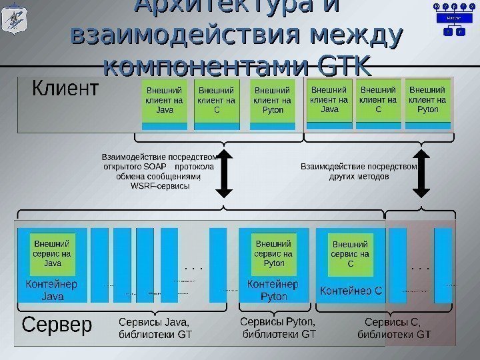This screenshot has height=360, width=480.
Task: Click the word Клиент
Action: pos(65,89)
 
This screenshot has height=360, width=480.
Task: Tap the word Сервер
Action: pos(57,326)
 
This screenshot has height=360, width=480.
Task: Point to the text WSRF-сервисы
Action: pos(160,186)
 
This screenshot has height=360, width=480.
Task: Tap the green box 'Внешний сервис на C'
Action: pos(350,254)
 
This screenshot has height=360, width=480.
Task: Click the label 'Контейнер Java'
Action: pos(53,289)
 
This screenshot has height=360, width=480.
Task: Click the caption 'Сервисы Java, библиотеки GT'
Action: pos(154,328)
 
